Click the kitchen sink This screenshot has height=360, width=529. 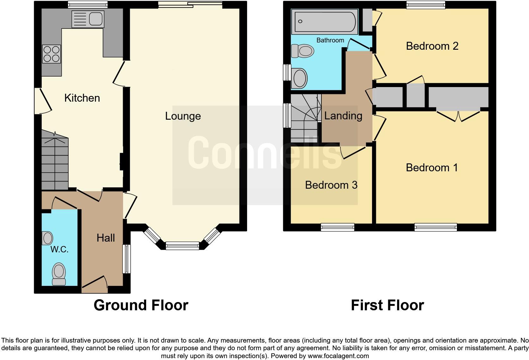pos(88,19)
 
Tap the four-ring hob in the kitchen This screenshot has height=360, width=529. pos(52,54)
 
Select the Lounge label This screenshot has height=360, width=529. pos(183,116)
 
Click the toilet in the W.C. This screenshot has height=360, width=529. pos(59,274)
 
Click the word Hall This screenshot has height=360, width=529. pos(106,238)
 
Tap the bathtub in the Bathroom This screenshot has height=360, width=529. pos(325,22)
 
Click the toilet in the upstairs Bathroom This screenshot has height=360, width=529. pos(302,51)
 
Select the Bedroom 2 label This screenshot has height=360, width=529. pos(432,46)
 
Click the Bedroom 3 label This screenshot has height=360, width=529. pos(331,185)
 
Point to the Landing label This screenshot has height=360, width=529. pos(343,116)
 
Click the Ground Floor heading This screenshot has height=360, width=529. pos(141,305)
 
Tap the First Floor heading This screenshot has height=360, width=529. pos(387,305)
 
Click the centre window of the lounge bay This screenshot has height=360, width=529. pos(182,245)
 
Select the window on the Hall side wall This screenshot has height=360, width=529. pos(127,259)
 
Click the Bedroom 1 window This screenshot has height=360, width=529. pos(436,227)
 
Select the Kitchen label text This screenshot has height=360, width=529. pos(82,98)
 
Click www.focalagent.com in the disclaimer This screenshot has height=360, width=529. pos(338,356)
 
